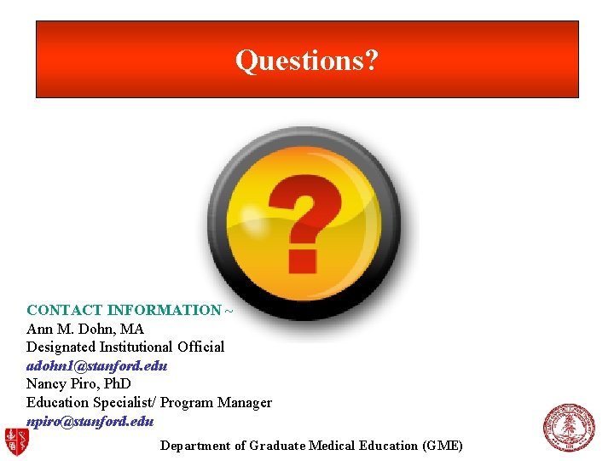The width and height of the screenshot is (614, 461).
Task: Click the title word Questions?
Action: [x=307, y=61]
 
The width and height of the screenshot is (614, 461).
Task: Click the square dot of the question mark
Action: [x=303, y=258]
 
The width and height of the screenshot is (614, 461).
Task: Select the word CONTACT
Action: [x=65, y=310]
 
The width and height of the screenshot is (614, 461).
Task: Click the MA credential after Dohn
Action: [x=133, y=329]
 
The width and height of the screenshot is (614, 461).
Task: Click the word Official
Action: [x=201, y=347]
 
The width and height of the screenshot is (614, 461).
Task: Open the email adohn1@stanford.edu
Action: [x=96, y=365]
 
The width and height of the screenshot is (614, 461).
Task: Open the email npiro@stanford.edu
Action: [x=90, y=420]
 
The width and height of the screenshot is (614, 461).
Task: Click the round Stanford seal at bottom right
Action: [x=569, y=428]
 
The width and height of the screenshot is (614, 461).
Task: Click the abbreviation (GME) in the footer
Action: [x=443, y=446]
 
